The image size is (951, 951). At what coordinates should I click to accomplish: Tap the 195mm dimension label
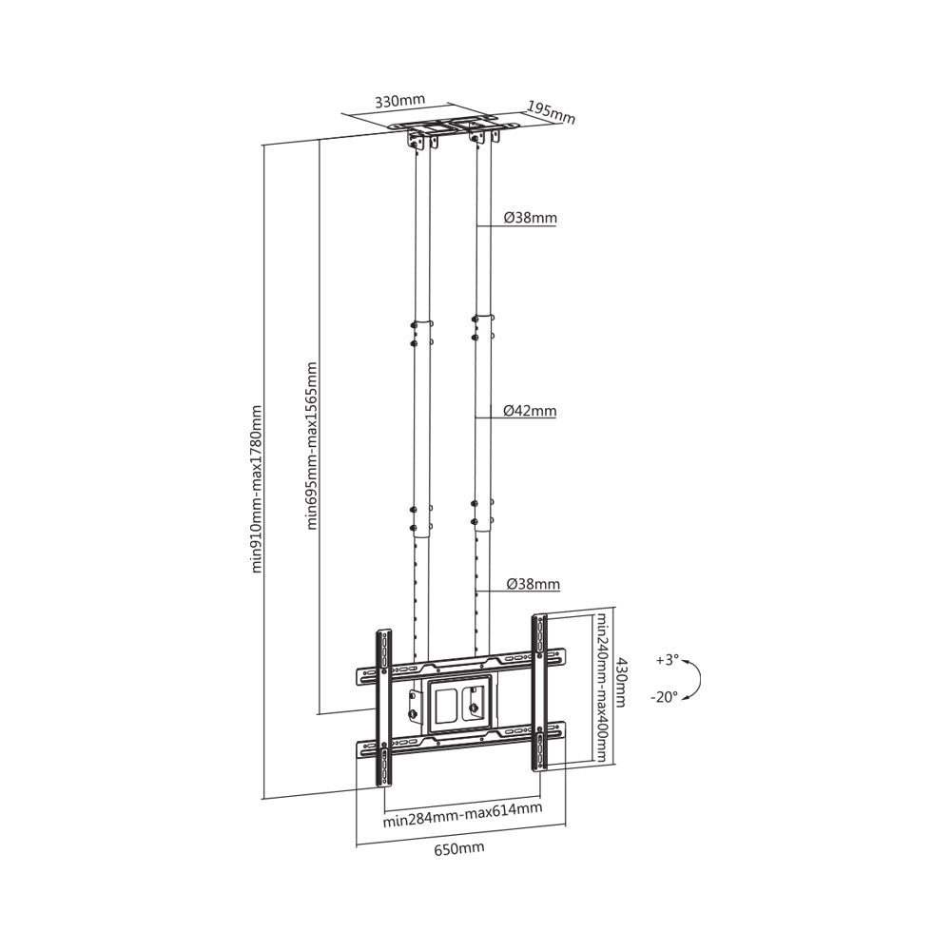pos(553,112)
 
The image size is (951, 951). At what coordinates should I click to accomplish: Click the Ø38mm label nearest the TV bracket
pos(533,583)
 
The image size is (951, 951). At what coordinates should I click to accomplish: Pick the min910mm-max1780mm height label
pos(255,491)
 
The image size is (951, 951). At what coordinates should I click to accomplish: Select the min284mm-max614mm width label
pos(462,809)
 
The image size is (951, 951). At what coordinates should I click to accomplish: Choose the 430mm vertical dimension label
pos(620,682)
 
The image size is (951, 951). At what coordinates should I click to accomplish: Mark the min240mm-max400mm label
pos(602,686)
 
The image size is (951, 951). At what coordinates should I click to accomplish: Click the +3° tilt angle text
pos(669,659)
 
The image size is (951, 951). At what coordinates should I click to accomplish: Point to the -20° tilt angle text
pos(666,696)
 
